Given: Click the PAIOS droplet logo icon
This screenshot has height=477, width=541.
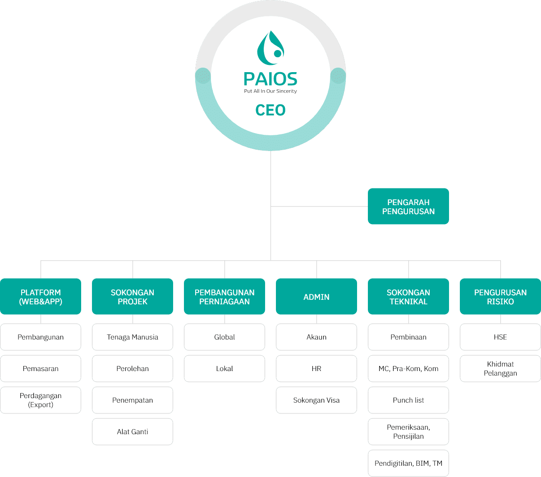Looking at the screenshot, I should tap(270, 48).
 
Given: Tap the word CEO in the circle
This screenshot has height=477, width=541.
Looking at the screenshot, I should tap(270, 110).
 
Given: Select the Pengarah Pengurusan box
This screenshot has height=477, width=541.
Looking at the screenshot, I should tap(408, 206).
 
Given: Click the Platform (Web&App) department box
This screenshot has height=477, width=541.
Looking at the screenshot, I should tap(41, 297).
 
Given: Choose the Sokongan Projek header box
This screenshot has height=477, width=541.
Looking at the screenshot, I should tap(133, 297).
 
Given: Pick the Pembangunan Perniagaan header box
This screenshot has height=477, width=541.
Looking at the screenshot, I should tap(225, 297).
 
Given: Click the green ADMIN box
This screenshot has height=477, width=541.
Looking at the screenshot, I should tap(316, 297).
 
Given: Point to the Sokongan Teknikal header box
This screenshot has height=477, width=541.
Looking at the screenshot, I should tap(408, 297).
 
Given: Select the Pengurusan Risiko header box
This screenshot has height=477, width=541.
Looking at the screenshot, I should tap(500, 297).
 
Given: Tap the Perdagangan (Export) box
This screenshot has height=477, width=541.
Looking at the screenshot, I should tap(41, 400).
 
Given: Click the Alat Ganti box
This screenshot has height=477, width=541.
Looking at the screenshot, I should tap(133, 431).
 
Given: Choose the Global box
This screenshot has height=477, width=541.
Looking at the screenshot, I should tap(225, 337).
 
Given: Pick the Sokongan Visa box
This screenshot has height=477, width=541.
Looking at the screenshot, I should tap(316, 400).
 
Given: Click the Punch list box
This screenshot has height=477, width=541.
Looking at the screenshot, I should tap(408, 400).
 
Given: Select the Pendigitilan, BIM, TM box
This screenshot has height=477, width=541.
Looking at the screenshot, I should tap(408, 463).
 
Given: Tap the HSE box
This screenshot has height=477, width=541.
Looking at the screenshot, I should tap(500, 337).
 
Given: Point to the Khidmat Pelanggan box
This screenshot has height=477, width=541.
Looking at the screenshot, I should tap(500, 368).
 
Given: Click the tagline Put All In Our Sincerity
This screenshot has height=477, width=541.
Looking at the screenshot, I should tap(270, 91).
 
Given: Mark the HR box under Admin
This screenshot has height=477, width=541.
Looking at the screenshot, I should tap(316, 368).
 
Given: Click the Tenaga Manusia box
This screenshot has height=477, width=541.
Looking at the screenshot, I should tap(133, 337).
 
